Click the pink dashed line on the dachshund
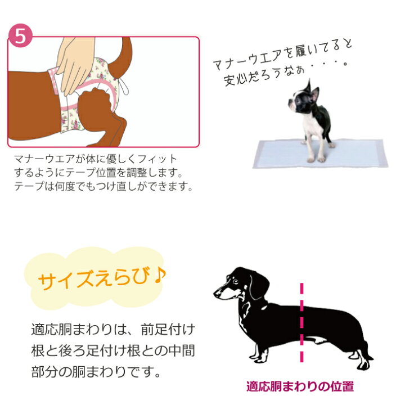point(302,321)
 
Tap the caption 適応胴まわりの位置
point(300,387)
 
